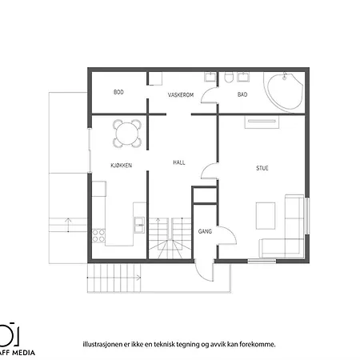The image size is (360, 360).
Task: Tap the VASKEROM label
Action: coord(182,94)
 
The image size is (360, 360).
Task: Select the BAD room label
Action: coord(242,94)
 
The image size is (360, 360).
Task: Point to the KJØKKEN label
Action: coord(121,165)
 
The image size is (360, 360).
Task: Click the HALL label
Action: coord(180,162)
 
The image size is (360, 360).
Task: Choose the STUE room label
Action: coord(262,168)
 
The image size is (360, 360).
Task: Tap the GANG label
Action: coord(204,231)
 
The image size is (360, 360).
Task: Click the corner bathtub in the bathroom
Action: coord(283,90)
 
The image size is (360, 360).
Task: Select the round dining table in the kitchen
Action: coord(127,133)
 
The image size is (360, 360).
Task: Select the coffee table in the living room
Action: coord(265,214)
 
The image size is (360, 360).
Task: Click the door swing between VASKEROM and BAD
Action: coord(210,95)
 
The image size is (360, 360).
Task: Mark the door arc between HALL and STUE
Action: coord(210,170)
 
